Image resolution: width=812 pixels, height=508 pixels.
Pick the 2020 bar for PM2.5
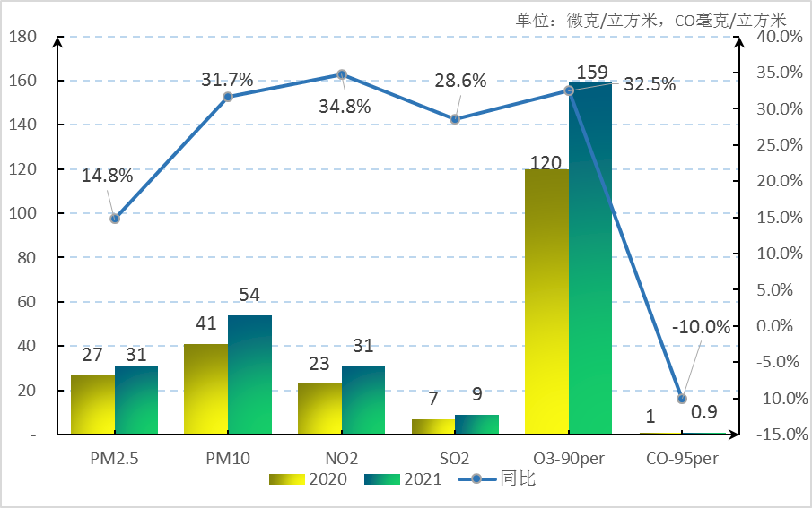pos(92,404)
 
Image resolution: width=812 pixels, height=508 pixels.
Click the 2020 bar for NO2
pos(319,409)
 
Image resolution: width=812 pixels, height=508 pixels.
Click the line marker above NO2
pos(342,74)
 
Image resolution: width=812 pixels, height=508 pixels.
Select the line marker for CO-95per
pos(682,399)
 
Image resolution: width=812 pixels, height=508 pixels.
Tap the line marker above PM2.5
pos(115,219)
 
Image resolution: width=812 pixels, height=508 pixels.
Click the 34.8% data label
pos(345,106)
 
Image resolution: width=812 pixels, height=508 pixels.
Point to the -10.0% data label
pos(702,327)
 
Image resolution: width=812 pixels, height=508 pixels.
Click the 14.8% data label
pos(107,176)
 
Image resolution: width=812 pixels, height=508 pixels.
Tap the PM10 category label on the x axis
pos(228,458)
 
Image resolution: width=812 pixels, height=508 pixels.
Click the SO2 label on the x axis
pos(455,458)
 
